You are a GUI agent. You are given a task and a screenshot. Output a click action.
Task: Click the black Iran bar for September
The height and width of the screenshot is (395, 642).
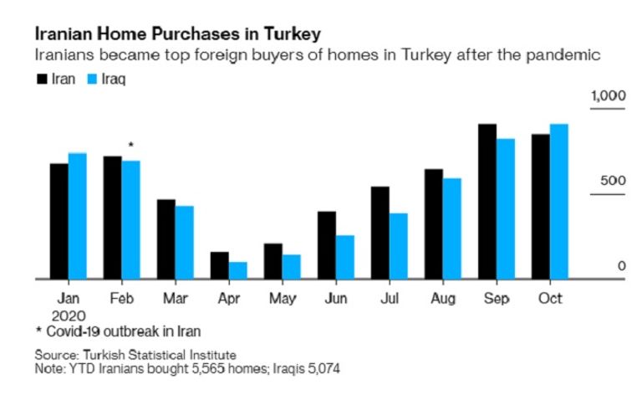click(487, 201)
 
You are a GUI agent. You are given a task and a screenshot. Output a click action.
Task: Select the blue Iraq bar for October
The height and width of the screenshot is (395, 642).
click(559, 201)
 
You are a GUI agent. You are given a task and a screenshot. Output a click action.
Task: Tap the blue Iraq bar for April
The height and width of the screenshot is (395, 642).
click(237, 270)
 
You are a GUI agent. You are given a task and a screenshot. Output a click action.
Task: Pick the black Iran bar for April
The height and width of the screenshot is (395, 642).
click(219, 265)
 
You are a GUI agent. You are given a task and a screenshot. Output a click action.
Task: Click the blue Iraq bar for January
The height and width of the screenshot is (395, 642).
click(77, 216)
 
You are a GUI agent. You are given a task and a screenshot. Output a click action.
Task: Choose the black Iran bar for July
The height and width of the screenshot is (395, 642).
click(380, 233)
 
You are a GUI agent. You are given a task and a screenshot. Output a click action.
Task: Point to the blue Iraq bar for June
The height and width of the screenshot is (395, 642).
click(344, 257)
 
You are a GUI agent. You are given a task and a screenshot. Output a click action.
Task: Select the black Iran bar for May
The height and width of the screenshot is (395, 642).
click(273, 261)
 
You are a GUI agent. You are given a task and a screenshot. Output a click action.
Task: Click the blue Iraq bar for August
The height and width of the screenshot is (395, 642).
click(451, 228)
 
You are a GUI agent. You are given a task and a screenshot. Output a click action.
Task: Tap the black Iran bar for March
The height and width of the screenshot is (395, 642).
click(166, 239)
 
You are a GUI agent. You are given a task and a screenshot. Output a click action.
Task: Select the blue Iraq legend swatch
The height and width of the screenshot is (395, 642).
click(92, 80)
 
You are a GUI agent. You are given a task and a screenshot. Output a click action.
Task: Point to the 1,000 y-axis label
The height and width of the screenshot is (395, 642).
click(609, 97)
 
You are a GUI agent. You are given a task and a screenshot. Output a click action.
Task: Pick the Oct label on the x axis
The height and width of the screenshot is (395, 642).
click(550, 299)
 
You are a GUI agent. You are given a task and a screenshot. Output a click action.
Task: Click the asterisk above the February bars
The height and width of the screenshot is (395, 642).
click(130, 146)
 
